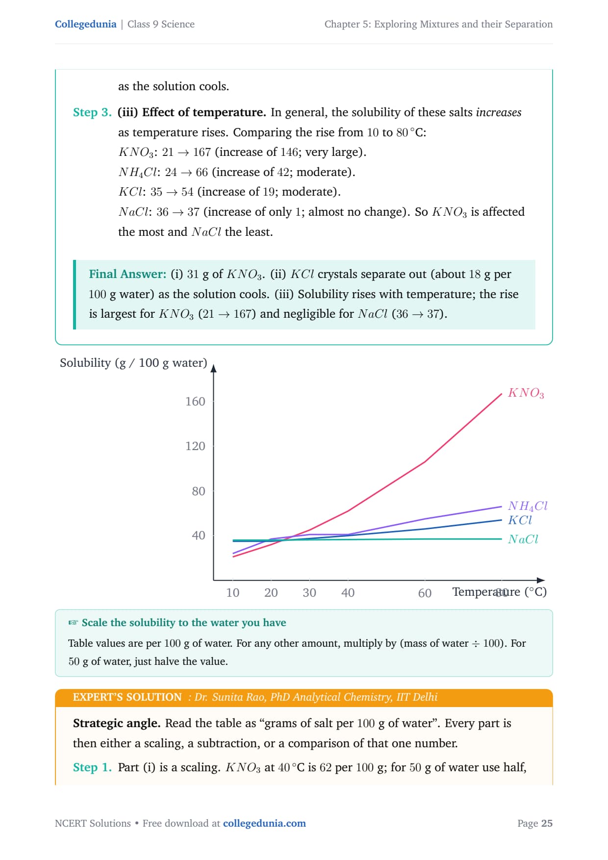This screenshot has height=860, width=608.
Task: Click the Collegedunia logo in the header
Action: (85, 24)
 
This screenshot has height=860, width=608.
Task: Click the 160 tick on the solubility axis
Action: (195, 402)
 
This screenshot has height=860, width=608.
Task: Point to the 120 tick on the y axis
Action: (195, 446)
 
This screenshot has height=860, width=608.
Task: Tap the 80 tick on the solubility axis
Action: (199, 491)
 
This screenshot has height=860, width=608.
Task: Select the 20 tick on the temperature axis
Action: (271, 593)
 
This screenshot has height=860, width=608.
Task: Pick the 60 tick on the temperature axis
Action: (425, 593)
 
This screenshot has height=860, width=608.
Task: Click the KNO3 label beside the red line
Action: (526, 393)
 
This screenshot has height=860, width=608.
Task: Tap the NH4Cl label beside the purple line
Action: (528, 506)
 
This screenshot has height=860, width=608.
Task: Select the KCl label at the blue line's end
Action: (520, 520)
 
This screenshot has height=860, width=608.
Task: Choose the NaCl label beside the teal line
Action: (523, 539)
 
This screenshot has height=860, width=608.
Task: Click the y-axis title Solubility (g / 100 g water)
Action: (133, 363)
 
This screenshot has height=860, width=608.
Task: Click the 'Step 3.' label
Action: (92, 112)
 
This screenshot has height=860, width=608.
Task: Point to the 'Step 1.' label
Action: (92, 767)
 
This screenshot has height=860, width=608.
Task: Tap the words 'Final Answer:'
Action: (127, 274)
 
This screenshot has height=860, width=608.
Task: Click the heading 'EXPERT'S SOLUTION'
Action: (127, 697)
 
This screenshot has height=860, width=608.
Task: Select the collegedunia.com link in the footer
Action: (264, 823)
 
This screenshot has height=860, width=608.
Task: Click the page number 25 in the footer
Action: (547, 823)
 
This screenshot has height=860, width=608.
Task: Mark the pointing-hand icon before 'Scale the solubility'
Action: (73, 623)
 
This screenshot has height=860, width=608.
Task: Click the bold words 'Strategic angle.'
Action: (117, 723)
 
